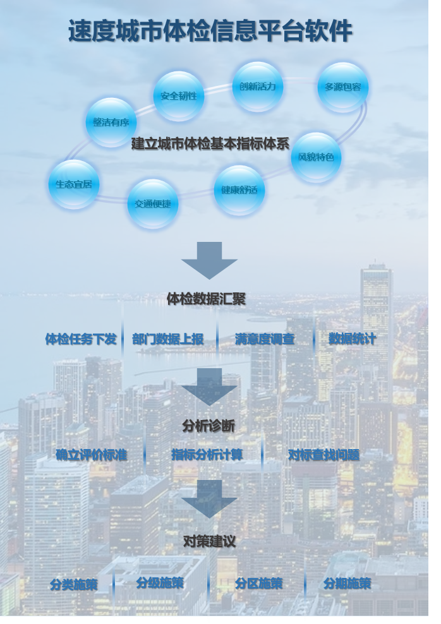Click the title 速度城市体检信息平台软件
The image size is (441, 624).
210,31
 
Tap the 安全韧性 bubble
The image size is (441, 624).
179,96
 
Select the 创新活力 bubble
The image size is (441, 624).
258,87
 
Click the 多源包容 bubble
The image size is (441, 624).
342,87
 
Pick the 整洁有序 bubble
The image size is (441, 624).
111,123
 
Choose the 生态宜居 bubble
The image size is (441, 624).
74,184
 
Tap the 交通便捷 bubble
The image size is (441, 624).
153,203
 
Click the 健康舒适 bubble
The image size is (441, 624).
239,189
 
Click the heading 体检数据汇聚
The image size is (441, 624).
206,299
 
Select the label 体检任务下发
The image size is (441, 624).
81,339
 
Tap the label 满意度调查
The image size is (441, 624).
265,339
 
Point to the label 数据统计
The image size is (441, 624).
352,339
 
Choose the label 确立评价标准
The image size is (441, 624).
91,455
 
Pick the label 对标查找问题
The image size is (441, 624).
323,455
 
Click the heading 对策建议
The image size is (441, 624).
209,541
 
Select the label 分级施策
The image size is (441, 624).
160,583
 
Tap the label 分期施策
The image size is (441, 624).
347,584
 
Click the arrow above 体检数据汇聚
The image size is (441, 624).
209,259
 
